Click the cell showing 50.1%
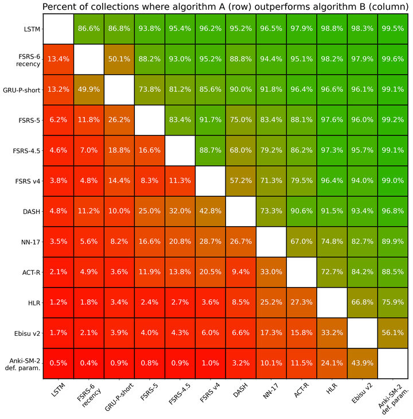coord(120,59)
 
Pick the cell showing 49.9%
coord(89,89)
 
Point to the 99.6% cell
coord(393,59)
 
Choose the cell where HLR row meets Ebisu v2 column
coord(363,301)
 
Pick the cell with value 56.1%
coord(393,331)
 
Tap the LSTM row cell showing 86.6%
coord(89,28)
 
